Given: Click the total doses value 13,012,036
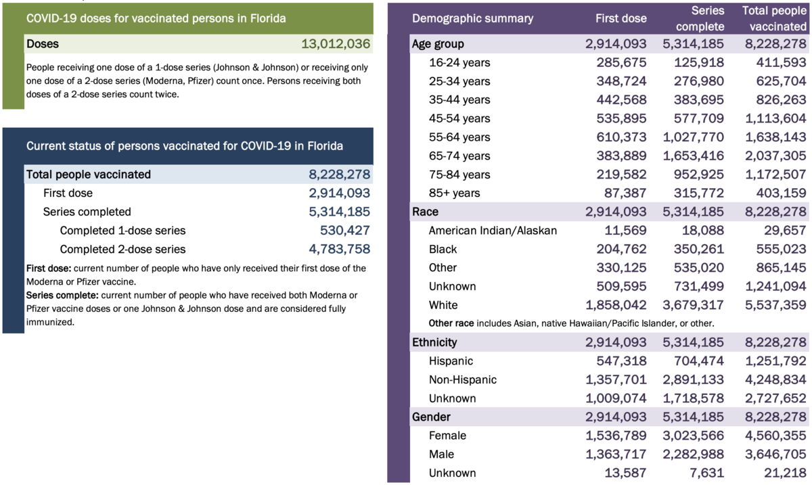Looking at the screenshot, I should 336,45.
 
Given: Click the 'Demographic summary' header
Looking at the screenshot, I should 472,18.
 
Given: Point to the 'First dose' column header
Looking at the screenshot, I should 621,18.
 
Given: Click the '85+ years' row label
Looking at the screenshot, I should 454,193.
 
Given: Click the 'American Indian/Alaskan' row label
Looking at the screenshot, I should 493,231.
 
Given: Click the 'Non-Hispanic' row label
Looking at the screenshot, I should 462,380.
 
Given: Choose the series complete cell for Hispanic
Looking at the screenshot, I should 699,361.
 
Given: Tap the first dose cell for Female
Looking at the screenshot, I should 616,436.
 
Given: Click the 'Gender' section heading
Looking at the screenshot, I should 432,417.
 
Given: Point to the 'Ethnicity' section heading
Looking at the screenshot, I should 434,342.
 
